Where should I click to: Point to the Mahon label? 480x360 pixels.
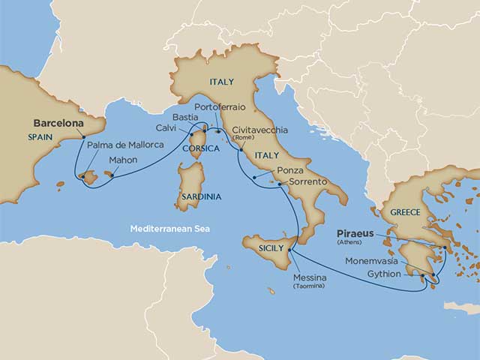point(123,160)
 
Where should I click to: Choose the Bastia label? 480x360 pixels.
point(184,118)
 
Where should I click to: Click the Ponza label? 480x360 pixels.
point(290,170)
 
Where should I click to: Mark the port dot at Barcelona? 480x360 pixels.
point(82,136)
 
